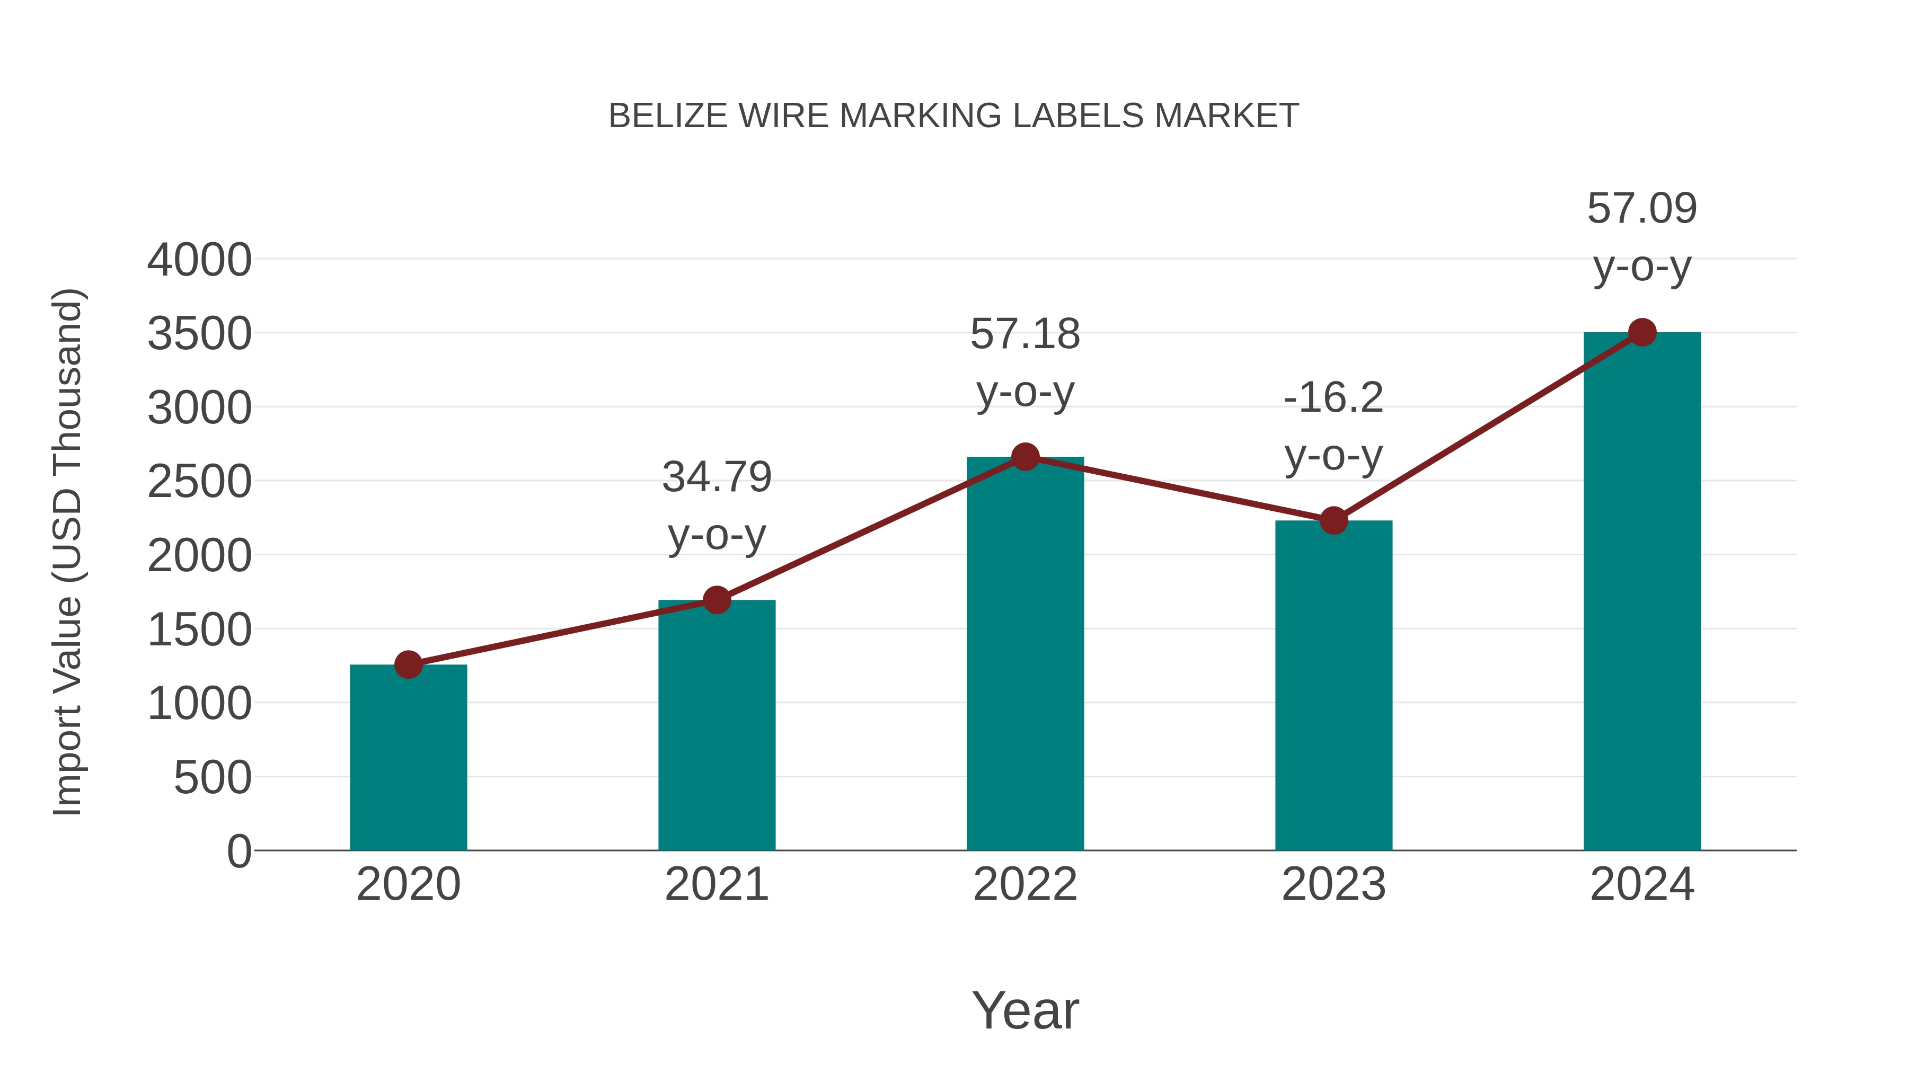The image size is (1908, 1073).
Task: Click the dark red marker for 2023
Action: [1333, 520]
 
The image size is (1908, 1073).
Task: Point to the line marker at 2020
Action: [408, 664]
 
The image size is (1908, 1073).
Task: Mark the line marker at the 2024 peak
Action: [1642, 332]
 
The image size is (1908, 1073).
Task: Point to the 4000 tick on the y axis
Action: [199, 260]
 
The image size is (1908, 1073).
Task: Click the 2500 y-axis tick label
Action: [199, 482]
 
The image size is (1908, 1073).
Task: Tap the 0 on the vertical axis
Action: [239, 851]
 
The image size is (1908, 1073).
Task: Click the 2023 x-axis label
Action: [1333, 884]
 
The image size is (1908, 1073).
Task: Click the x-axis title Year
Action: [1025, 1010]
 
